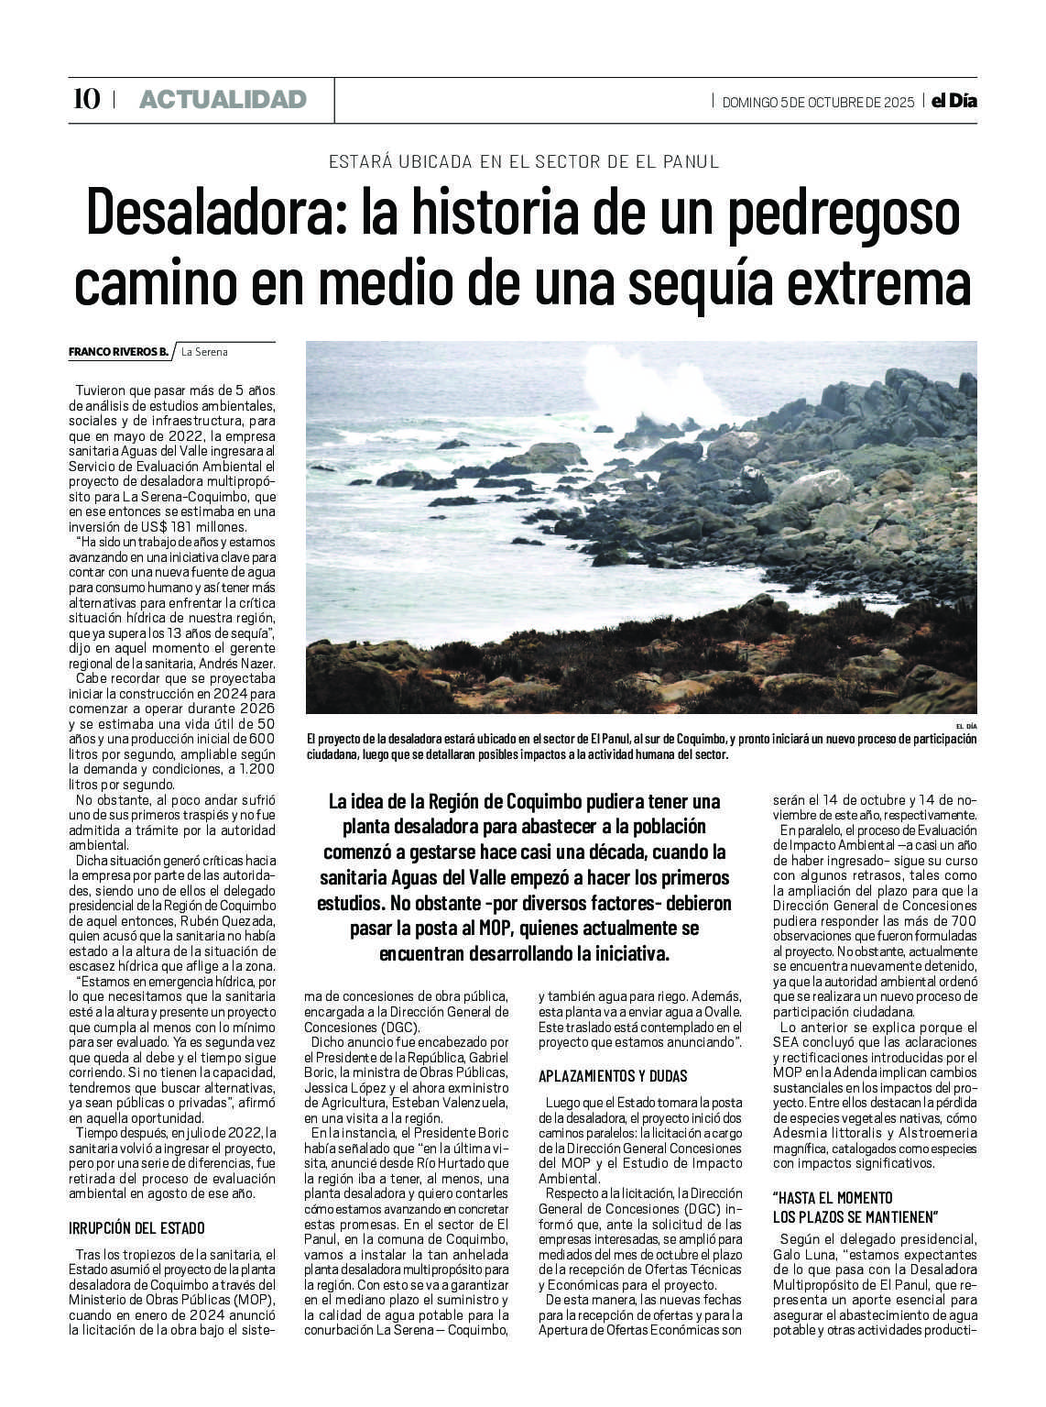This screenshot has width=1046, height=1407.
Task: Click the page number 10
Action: [x=86, y=99]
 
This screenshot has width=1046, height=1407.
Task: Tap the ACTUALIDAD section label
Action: [x=223, y=100]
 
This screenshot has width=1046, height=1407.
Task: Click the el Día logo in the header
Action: [x=953, y=101]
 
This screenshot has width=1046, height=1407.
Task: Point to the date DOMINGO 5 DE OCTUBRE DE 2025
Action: [x=818, y=102]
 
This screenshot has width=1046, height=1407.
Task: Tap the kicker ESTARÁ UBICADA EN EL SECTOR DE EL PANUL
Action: [x=524, y=161]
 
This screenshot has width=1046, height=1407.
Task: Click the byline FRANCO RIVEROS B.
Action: [x=118, y=352]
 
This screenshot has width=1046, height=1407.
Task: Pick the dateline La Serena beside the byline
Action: [x=204, y=352]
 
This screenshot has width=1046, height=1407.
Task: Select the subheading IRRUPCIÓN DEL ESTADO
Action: [x=137, y=1227]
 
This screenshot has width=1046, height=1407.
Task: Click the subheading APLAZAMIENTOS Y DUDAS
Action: [x=613, y=1075]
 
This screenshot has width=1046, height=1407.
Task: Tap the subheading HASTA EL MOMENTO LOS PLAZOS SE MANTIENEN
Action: [x=855, y=1207]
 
